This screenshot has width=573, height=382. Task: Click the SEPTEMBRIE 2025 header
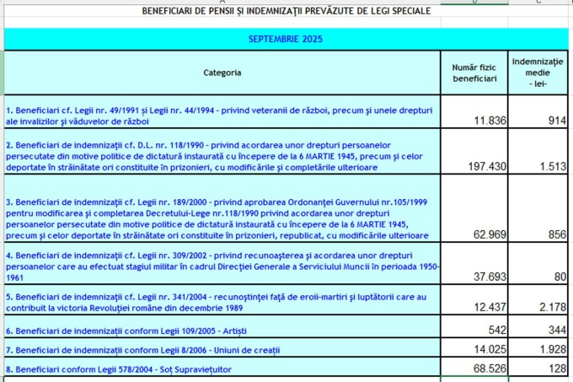pyautogui.click(x=286, y=39)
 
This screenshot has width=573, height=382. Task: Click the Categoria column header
pyautogui.click(x=222, y=73)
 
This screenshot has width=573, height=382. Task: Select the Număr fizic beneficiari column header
pyautogui.click(x=474, y=73)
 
